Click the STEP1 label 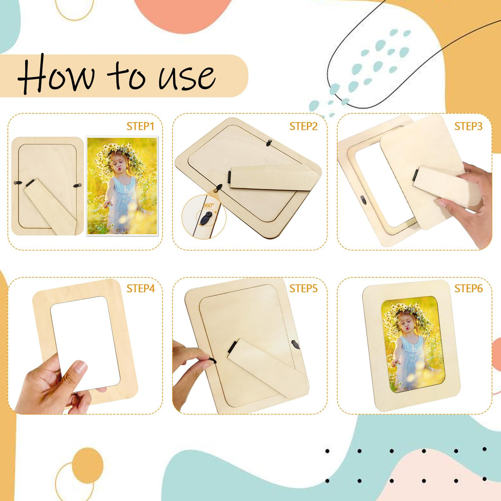pos(140,126)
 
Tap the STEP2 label pos(303,126)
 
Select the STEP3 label pos(468,126)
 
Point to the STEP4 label pos(140,288)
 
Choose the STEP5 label pos(303,288)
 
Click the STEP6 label pos(468,288)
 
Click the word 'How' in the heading pos(56,76)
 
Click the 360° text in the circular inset pos(208,206)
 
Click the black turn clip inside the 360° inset pos(206,218)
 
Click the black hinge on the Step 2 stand pos(229,177)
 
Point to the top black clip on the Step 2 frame pos(269,142)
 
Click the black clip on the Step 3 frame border pos(363,200)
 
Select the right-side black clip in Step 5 pos(295,345)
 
